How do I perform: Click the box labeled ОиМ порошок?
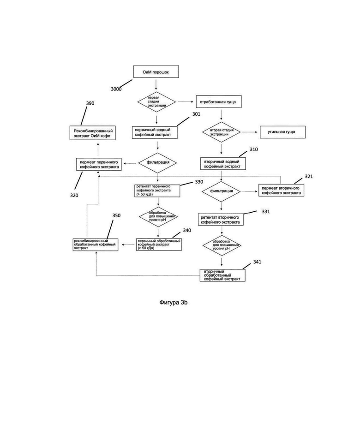pyautogui.click(x=156, y=72)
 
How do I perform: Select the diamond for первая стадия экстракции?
pyautogui.click(x=156, y=102)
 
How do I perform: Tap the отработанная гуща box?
pyautogui.click(x=218, y=102)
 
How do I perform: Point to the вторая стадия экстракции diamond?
pyautogui.click(x=222, y=132)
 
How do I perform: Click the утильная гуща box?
pyautogui.click(x=282, y=132)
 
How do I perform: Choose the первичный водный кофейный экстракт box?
pyautogui.click(x=155, y=132)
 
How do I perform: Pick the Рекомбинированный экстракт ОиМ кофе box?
pyautogui.click(x=93, y=133)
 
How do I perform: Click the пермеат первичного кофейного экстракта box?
pyautogui.click(x=99, y=164)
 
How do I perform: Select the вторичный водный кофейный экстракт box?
pyautogui.click(x=223, y=164)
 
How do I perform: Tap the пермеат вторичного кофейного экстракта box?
pyautogui.click(x=281, y=190)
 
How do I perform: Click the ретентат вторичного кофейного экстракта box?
pyautogui.click(x=221, y=220)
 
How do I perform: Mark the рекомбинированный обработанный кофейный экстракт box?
pyautogui.click(x=95, y=244)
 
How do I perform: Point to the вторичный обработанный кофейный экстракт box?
pyautogui.click(x=222, y=275)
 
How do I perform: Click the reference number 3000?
pyautogui.click(x=116, y=89)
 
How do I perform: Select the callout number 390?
pyautogui.click(x=90, y=103)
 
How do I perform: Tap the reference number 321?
pyautogui.click(x=309, y=177)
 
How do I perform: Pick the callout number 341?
pyautogui.click(x=257, y=262)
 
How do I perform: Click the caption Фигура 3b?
pyautogui.click(x=174, y=303)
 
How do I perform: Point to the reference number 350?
pyautogui.click(x=116, y=215)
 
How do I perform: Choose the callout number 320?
pyautogui.click(x=74, y=195)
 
